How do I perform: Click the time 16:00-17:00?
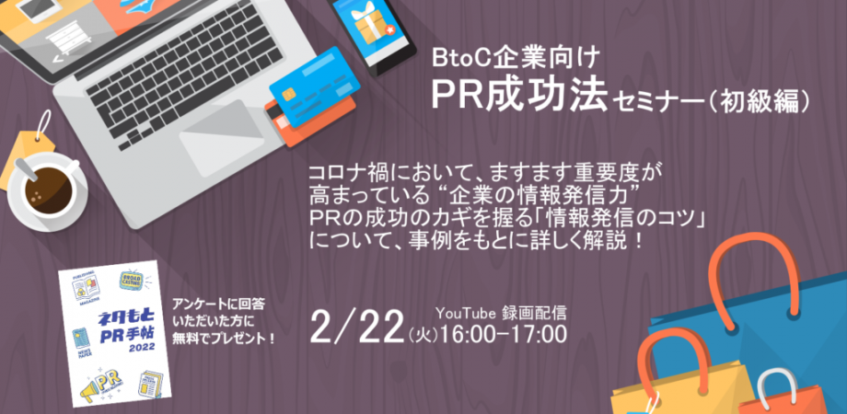pyautogui.click(x=505, y=332)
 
